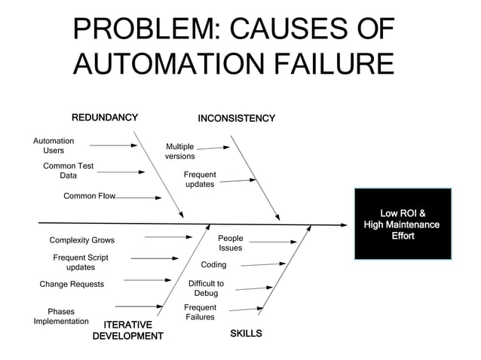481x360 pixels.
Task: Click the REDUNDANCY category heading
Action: [104, 117]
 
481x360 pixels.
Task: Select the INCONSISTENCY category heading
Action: [236, 119]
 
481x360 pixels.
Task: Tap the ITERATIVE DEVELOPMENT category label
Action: [127, 330]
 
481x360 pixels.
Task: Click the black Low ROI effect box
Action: [401, 224]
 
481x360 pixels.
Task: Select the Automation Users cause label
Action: [54, 145]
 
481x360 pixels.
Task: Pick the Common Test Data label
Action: [68, 171]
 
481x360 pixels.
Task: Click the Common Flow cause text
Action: [89, 196]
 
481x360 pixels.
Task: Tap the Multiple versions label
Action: [180, 151]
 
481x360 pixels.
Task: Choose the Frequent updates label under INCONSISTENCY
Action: [200, 179]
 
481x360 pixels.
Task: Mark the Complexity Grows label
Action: [82, 240]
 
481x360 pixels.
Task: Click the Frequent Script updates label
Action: [81, 262]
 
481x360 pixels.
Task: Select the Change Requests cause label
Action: [72, 285]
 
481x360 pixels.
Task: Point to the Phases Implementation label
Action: [61, 316]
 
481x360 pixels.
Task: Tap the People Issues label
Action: [231, 243]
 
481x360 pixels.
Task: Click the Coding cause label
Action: [213, 265]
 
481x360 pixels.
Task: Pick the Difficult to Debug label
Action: [206, 288]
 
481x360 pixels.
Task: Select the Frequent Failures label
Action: [200, 313]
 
